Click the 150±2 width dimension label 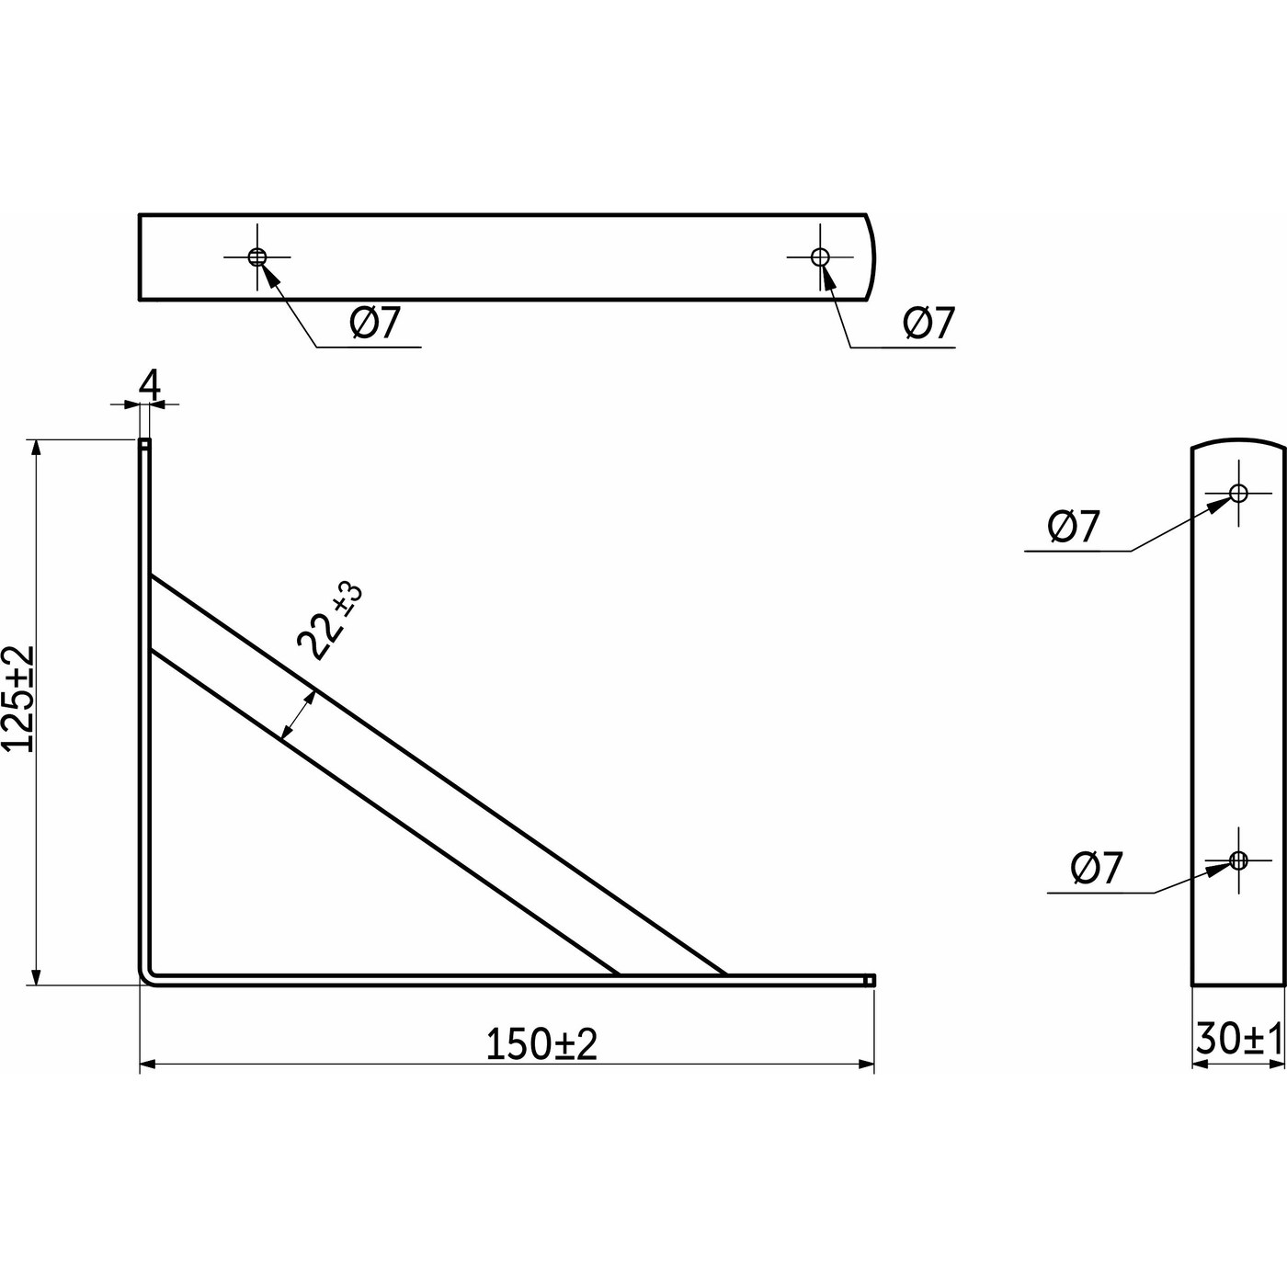(x=541, y=1044)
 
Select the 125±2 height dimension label (x=18, y=699)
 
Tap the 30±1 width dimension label (x=1238, y=1040)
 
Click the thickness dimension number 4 (x=150, y=385)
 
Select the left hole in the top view (x=257, y=256)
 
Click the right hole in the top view (x=820, y=256)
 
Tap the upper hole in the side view (x=1238, y=493)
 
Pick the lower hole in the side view (x=1238, y=860)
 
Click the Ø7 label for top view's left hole (x=376, y=323)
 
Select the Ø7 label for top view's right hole (x=929, y=323)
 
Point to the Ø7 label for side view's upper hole (x=1074, y=527)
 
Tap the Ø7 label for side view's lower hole (x=1097, y=868)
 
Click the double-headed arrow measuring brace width (x=298, y=716)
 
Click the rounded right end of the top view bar (x=871, y=256)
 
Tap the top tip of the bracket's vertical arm (x=144, y=443)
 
